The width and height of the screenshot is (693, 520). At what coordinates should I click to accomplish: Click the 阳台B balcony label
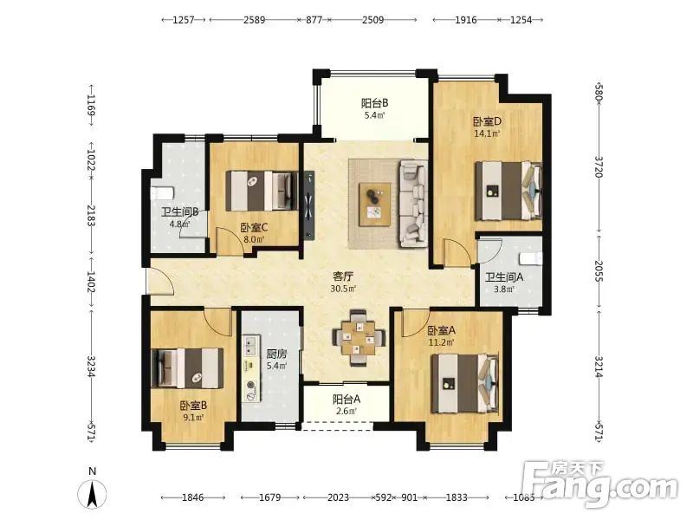(374, 103)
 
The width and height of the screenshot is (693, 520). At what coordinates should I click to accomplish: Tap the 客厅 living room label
(343, 276)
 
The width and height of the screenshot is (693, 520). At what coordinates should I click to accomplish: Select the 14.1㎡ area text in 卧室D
(487, 133)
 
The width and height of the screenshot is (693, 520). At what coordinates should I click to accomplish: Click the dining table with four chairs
(359, 338)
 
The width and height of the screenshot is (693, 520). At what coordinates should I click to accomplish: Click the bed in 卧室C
(261, 191)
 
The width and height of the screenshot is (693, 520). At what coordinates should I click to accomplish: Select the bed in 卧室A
(465, 383)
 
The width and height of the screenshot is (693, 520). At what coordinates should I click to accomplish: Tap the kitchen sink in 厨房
(251, 345)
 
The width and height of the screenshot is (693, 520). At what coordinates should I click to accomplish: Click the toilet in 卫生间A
(531, 258)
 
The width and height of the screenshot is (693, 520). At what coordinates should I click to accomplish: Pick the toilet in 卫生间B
(162, 193)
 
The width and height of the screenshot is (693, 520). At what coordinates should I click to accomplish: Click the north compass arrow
(93, 493)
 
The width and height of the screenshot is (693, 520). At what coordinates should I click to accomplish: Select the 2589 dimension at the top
(254, 20)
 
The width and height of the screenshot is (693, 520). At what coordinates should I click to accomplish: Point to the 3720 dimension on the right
(599, 166)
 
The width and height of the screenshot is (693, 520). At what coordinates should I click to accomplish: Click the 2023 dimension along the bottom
(338, 497)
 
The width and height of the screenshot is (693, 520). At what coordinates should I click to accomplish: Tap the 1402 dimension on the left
(91, 282)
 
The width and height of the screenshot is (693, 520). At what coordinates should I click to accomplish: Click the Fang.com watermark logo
(600, 484)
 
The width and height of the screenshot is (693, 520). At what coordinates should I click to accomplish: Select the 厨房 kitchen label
(276, 354)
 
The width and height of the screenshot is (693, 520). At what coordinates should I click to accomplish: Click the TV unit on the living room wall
(309, 205)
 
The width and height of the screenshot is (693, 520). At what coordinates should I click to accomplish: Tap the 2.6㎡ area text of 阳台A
(346, 411)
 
